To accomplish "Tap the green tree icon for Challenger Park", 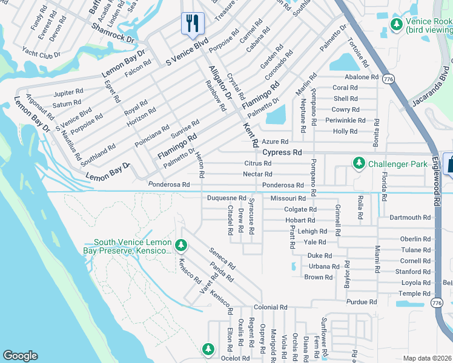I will (359, 163).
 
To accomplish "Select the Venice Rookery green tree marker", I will (397, 24).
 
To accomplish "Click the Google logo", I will (20, 356).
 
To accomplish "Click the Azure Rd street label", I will (276, 141).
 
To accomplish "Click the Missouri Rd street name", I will (288, 198).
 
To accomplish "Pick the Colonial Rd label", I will (270, 307).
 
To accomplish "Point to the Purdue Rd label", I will (362, 302).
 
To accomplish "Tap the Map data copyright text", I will (427, 358).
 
